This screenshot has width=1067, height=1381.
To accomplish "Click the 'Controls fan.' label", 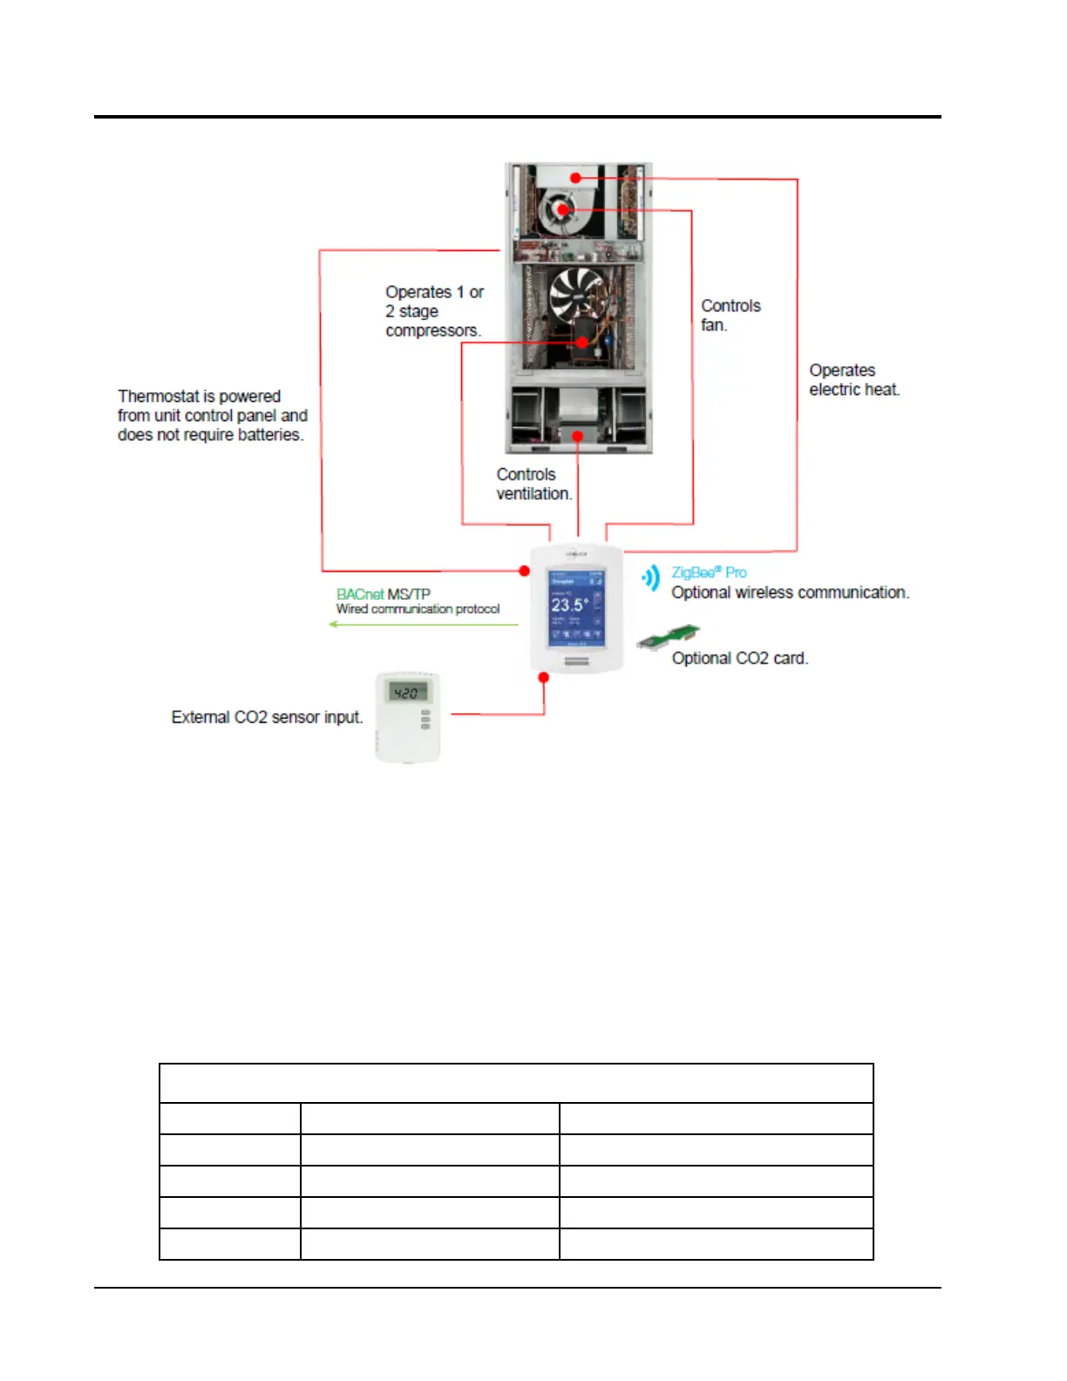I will (731, 316).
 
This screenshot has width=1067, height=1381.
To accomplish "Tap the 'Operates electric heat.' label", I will (853, 380).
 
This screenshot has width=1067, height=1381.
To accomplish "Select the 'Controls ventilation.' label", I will (533, 484).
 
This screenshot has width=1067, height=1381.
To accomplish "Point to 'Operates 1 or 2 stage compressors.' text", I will (433, 311).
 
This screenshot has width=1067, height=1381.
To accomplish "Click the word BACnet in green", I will (359, 595).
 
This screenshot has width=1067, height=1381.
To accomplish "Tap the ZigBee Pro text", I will (708, 573).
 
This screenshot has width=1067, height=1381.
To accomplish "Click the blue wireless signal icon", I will (651, 577).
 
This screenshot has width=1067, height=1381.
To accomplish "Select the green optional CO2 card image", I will (669, 637).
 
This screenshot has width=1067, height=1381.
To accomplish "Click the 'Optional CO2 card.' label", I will (739, 658).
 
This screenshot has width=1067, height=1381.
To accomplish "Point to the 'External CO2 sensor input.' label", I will (267, 718).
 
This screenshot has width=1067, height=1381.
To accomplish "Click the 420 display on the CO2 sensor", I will (406, 693).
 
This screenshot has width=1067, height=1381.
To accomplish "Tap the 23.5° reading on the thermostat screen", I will (569, 605).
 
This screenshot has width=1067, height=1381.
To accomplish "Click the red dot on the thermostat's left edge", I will (524, 571).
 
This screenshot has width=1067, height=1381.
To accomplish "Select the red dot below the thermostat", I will (544, 677).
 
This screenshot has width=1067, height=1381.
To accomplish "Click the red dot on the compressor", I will (582, 343).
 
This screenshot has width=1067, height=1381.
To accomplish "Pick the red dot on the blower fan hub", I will (562, 209).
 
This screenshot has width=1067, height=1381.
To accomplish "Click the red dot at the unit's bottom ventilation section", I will (577, 435).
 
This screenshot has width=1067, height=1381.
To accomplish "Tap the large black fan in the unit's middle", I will (576, 293).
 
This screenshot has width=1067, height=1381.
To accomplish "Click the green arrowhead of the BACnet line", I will (334, 624).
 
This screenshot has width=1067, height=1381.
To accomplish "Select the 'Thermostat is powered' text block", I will (212, 416).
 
